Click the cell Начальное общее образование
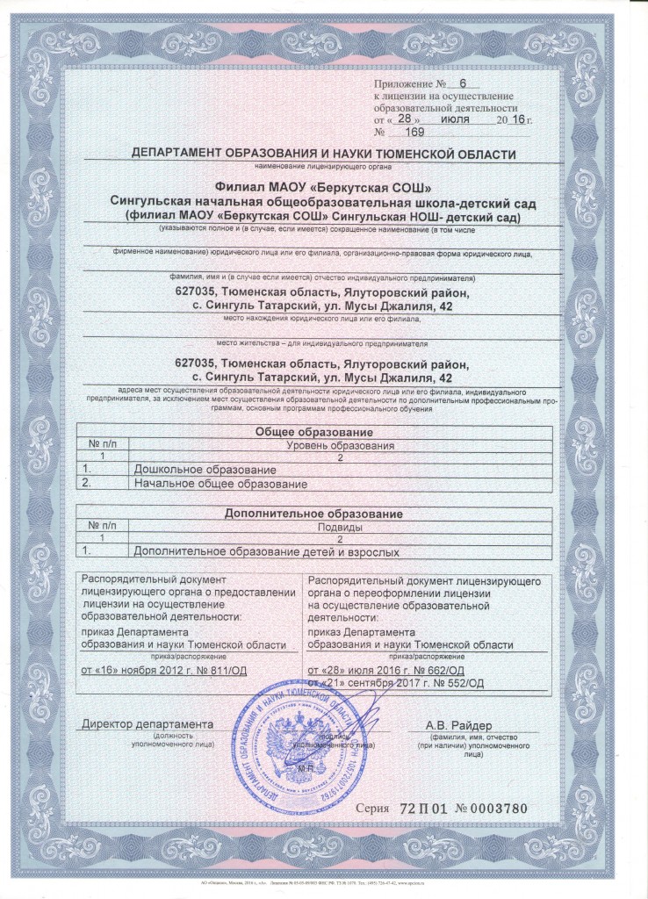pos(220,484)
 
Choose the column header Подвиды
pos(338,527)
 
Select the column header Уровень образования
pos(338,446)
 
